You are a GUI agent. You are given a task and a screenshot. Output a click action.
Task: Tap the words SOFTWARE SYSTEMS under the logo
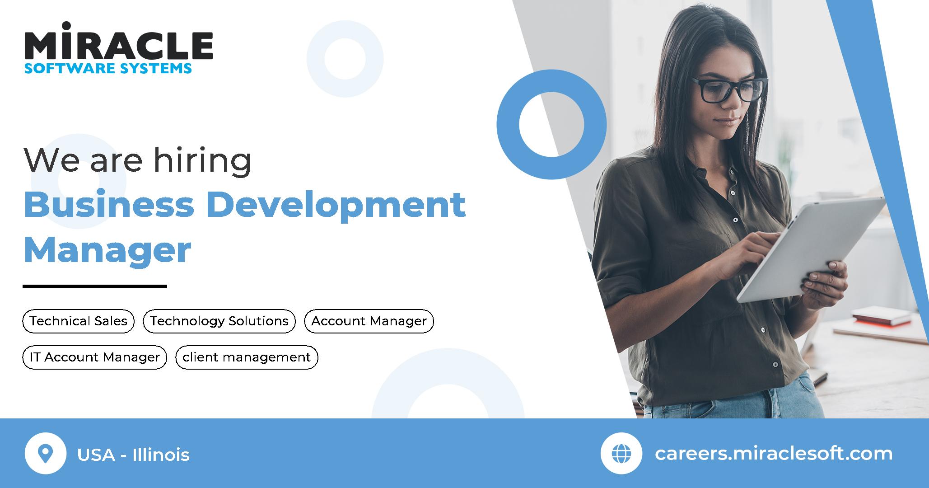pos(108,68)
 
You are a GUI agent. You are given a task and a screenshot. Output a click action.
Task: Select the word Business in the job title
pos(109,204)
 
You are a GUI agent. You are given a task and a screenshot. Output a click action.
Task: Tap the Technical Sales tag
pos(79,321)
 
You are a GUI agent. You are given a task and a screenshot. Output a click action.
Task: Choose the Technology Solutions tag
pos(219,321)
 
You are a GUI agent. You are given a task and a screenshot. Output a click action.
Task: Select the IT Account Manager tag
pos(95,357)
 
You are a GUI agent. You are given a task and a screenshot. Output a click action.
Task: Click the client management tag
pos(247,357)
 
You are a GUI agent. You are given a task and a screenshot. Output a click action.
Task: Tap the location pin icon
pos(46,453)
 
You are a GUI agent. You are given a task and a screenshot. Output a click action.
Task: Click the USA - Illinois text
pos(133,455)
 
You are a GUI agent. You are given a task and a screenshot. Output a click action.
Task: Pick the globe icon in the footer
pos(621,453)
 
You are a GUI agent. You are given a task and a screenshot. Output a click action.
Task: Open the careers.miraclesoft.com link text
pos(773,453)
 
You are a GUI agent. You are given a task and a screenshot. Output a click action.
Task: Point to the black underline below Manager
pos(95,286)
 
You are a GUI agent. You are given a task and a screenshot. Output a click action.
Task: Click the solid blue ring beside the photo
pos(551,124)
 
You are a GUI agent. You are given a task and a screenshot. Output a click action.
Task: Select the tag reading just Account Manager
pos(369,321)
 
